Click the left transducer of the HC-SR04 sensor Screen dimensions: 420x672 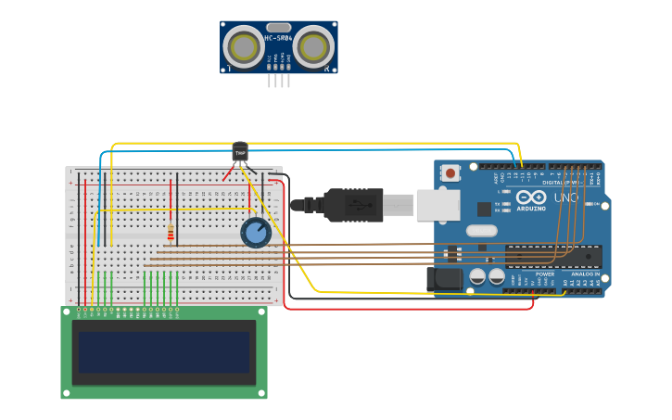tap(245, 46)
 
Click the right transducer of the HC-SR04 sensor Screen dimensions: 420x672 tap(314, 46)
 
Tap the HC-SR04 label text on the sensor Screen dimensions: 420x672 tap(279, 38)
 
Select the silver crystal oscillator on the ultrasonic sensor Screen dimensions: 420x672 tap(279, 27)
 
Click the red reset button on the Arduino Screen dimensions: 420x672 tap(450, 172)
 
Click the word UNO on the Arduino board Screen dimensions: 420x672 tap(565, 197)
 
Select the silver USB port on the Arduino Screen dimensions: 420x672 tap(437, 205)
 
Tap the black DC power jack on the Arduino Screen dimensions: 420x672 tap(444, 278)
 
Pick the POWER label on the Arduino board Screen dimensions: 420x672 tap(545, 274)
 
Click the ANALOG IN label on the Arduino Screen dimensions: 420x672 tap(584, 274)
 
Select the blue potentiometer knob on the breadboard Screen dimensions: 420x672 tap(256, 233)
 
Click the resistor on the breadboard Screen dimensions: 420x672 tap(171, 232)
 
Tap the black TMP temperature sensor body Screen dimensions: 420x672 tap(240, 151)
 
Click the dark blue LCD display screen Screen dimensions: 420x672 tap(164, 352)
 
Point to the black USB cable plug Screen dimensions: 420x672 tap(352, 205)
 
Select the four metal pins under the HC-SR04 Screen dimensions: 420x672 tap(279, 81)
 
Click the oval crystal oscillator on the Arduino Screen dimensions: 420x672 tap(481, 231)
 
